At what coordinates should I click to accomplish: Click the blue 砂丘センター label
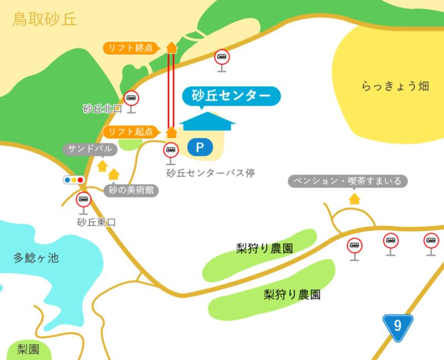pos(230,95)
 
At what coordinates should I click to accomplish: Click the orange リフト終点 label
pos(131,48)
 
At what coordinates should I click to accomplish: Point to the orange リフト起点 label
pos(131,132)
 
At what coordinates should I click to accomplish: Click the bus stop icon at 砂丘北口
pos(132,99)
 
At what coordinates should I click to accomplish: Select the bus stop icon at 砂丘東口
pos(84,200)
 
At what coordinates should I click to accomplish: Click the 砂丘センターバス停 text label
pos(210,173)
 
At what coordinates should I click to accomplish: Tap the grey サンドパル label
pos(90,149)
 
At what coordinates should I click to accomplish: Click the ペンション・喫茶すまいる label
pos(349,181)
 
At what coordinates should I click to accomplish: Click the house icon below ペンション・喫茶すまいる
pos(354,198)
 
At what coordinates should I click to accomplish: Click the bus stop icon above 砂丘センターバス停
pos(171,150)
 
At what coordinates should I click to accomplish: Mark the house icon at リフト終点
pos(171,47)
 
